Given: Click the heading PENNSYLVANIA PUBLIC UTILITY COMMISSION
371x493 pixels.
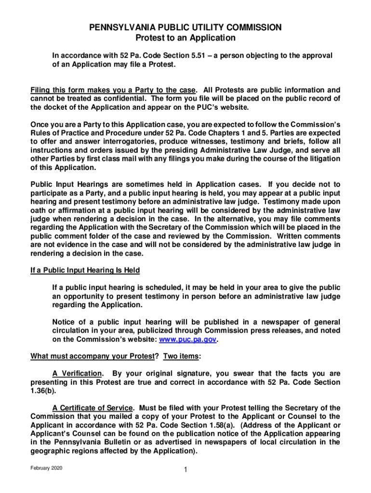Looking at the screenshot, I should (185, 28).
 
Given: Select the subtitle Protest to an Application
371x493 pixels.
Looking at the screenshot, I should (185, 38).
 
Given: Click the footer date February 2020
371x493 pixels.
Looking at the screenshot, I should (48, 468).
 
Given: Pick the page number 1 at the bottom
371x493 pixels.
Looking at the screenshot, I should (185, 470).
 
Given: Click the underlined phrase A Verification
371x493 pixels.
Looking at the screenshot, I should (77, 374).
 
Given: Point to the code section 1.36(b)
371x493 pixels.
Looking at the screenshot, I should (44, 391).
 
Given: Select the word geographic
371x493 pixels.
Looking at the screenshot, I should (49, 451).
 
